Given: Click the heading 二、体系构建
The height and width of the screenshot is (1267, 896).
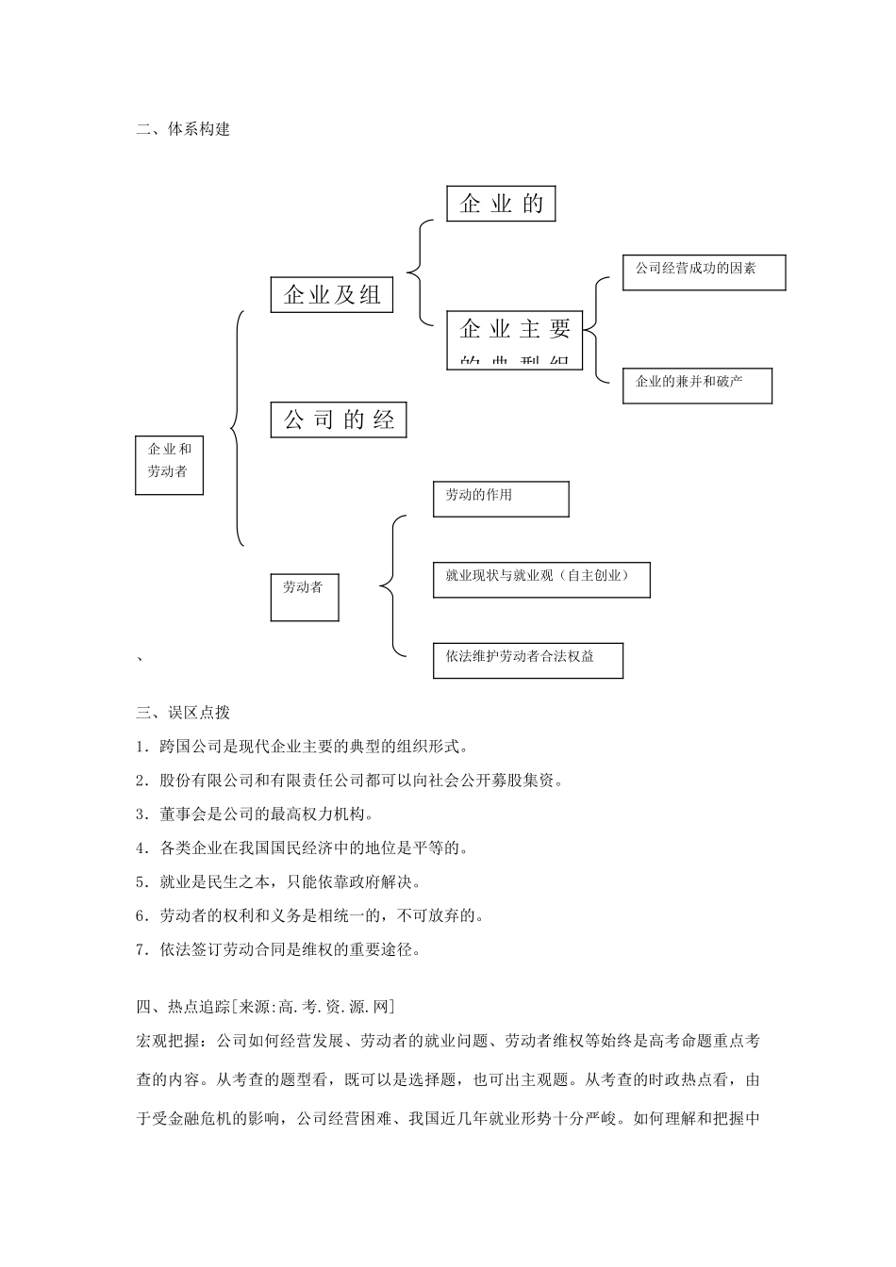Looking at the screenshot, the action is [x=183, y=129].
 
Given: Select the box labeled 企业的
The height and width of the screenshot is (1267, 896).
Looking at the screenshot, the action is [x=501, y=203].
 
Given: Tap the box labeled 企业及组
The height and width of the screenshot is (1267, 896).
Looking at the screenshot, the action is [x=331, y=294].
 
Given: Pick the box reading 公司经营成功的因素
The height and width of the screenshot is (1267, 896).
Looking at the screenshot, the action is [x=704, y=271].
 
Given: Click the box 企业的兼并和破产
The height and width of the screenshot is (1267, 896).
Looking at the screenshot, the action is [x=697, y=386].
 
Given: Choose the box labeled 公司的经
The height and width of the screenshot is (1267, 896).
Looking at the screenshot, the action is [x=339, y=420].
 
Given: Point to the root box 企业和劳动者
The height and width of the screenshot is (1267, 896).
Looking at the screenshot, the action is [x=169, y=465].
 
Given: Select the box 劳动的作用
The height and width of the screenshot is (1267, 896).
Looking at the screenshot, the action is [x=501, y=499].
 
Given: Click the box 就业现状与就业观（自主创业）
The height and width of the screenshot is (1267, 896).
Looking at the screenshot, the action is [x=541, y=578].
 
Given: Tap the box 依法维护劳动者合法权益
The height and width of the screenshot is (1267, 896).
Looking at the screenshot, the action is [x=528, y=660].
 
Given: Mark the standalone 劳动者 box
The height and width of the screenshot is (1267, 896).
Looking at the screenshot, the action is [x=304, y=598].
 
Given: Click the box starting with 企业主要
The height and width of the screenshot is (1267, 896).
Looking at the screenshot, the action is [x=515, y=339].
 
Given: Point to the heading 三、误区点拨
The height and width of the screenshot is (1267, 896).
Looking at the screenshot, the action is [x=183, y=713].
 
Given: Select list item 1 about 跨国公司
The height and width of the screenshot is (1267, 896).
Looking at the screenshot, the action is [x=302, y=747].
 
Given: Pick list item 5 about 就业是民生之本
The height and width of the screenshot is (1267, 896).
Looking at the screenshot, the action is [x=278, y=881].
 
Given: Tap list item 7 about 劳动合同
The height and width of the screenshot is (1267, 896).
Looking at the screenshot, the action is [x=278, y=949].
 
